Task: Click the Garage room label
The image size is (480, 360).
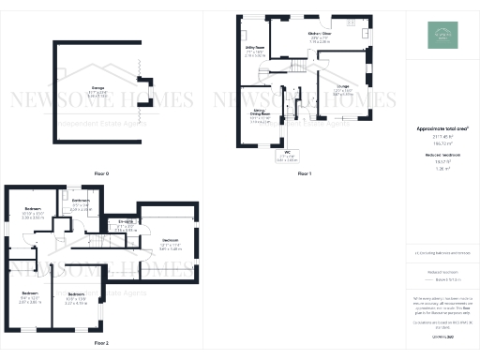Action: pyautogui.click(x=97, y=90)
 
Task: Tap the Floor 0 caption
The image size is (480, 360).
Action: pyautogui.click(x=101, y=174)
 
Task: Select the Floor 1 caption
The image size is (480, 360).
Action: pyautogui.click(x=304, y=174)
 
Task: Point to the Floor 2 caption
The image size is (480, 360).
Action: pyautogui.click(x=101, y=343)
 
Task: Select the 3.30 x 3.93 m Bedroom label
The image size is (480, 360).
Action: pyautogui.click(x=33, y=211)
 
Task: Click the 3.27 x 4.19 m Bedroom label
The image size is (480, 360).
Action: pyautogui.click(x=77, y=299)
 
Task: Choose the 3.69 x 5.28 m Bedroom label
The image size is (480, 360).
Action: pyautogui.click(x=169, y=244)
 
